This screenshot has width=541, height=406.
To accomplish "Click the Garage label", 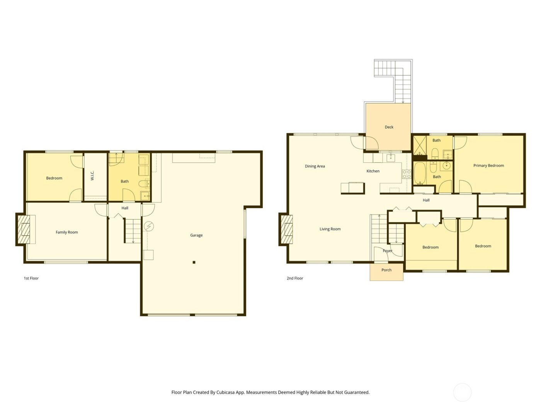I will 196,235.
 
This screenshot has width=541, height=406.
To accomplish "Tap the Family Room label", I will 67,232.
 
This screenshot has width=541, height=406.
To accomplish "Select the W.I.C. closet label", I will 92,176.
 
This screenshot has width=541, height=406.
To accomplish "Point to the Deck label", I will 389,127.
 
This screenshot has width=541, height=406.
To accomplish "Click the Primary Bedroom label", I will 488,165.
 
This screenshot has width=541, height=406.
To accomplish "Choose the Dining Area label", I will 315,166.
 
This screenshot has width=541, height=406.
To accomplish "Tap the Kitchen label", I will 373,171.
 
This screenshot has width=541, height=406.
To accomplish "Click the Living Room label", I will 330,229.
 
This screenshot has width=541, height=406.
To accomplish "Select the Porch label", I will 386,270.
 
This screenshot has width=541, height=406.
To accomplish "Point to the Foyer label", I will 388,251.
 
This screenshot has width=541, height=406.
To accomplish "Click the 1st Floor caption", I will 31,278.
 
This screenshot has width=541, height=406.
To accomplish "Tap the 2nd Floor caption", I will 295,278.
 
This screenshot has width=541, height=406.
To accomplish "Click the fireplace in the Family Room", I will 24,229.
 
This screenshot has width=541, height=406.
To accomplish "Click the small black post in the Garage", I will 194,262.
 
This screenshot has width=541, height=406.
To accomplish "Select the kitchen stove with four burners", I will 407,174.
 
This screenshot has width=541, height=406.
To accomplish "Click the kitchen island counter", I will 353,188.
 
